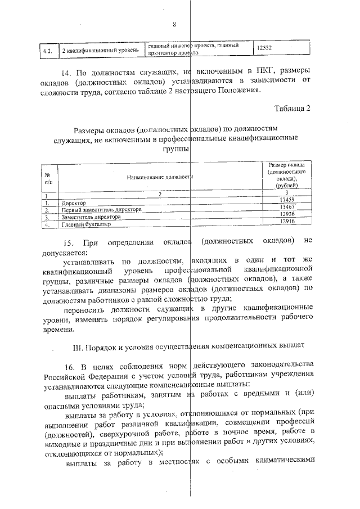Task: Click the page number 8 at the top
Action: point(175,25)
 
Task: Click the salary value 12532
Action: point(264,49)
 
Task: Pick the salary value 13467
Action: point(287,207)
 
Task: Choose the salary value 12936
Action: point(287,214)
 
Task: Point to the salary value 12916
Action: point(287,222)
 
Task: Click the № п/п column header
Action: point(48,178)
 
